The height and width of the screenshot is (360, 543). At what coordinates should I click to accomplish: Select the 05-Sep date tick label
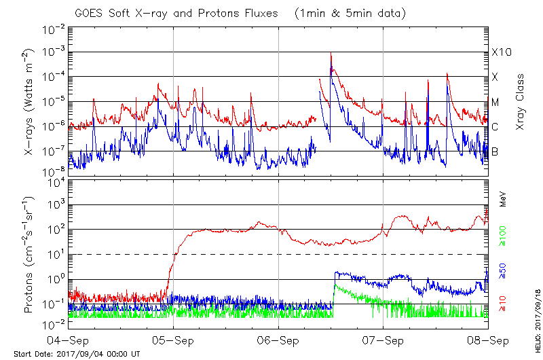pyautogui.click(x=173, y=340)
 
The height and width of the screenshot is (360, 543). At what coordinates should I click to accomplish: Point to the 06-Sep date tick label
pyautogui.click(x=278, y=340)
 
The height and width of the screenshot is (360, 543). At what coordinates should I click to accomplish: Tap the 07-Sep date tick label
pyautogui.click(x=383, y=340)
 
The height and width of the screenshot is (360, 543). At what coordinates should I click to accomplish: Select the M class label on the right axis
pyautogui.click(x=495, y=102)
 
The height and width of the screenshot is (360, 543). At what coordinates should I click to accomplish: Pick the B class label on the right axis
pyautogui.click(x=495, y=151)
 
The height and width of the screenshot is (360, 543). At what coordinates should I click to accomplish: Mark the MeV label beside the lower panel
pyautogui.click(x=504, y=199)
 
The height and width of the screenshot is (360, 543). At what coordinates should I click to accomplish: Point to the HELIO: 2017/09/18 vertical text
pyautogui.click(x=537, y=312)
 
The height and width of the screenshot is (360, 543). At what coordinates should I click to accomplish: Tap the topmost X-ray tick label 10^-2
pyautogui.click(x=55, y=28)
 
